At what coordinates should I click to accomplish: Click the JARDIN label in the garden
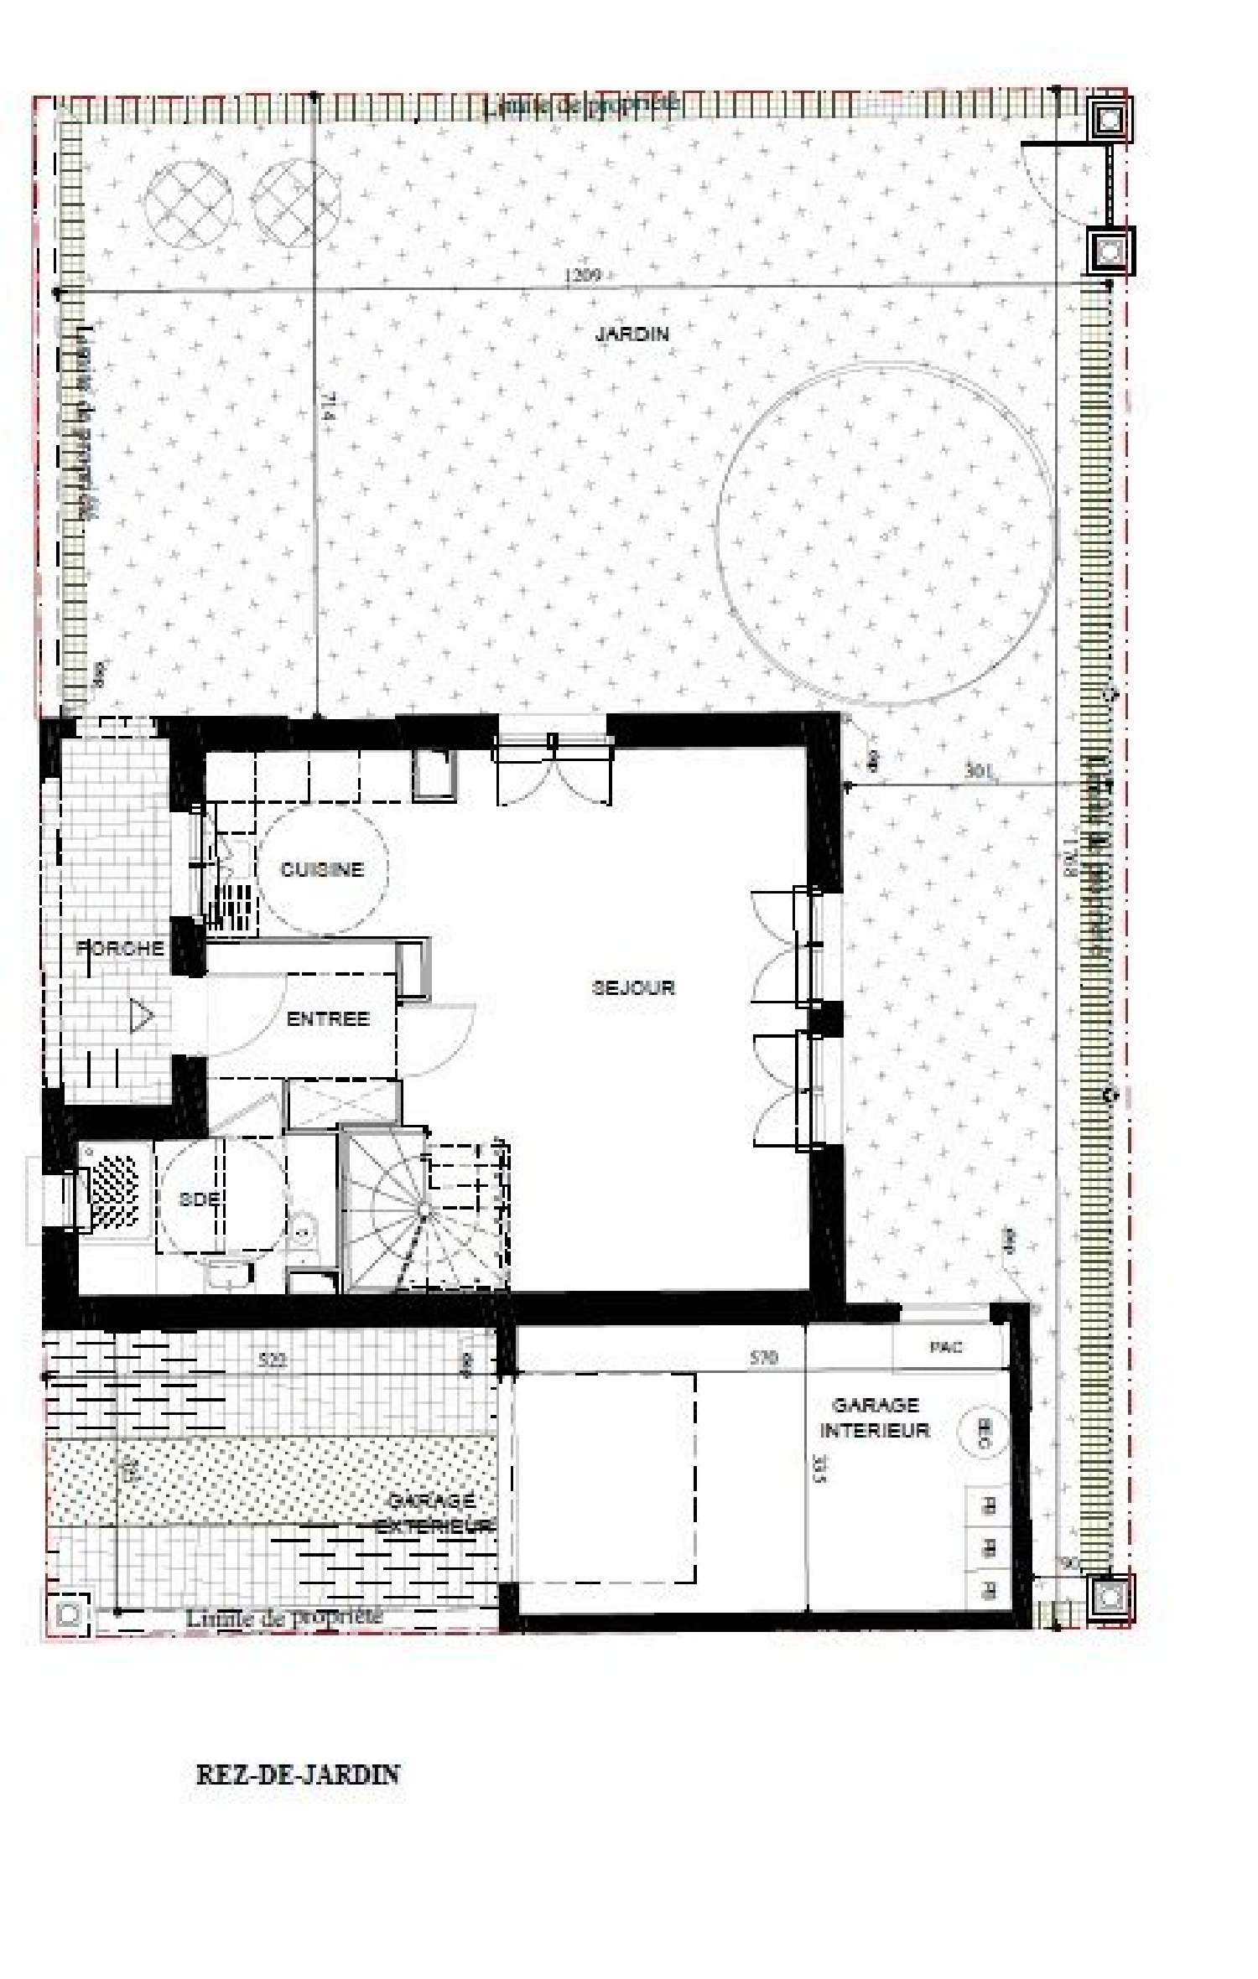[x=632, y=334]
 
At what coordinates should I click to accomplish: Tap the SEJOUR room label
[x=633, y=987]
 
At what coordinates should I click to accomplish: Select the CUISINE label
[x=322, y=869]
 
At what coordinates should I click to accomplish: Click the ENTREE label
[x=328, y=1019]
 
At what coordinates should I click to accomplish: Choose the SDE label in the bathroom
[x=199, y=1199]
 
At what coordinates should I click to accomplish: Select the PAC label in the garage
[x=946, y=1347]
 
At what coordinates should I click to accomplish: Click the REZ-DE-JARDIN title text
[x=298, y=1774]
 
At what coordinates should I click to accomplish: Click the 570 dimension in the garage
[x=763, y=1358]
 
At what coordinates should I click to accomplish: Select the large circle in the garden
[x=886, y=534]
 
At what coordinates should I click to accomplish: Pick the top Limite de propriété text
[x=581, y=105]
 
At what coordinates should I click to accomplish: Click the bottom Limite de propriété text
[x=283, y=1617]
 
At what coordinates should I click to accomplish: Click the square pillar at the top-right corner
[x=1110, y=120]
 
